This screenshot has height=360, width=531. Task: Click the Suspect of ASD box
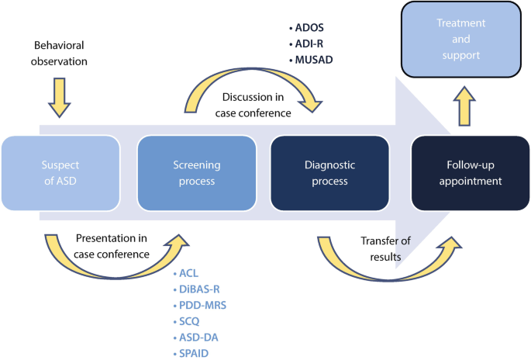(60, 173)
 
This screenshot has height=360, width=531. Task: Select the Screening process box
(197, 173)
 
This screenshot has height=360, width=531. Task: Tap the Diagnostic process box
(330, 173)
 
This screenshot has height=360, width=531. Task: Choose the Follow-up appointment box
(471, 173)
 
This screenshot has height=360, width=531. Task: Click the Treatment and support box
(461, 40)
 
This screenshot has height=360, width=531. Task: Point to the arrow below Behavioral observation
(59, 98)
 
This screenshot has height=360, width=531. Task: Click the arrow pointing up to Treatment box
(464, 106)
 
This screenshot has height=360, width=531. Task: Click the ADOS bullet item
(306, 28)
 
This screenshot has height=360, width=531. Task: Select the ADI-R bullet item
(306, 43)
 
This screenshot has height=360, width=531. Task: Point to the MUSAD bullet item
(311, 60)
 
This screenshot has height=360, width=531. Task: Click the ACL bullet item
(186, 273)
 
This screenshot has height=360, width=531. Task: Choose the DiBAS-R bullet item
(196, 289)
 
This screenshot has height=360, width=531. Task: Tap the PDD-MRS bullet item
(200, 305)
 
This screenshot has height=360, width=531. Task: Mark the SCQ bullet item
(186, 321)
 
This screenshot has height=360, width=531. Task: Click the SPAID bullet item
(191, 353)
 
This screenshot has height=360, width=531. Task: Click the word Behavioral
(59, 45)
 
